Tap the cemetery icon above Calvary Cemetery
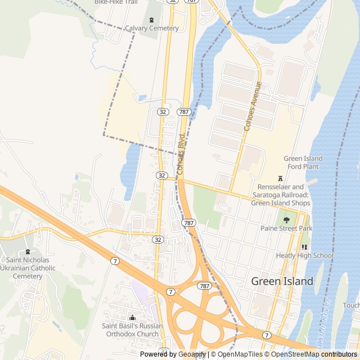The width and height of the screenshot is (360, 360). pos(151,20)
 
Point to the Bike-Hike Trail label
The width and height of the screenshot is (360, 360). pos(116,2)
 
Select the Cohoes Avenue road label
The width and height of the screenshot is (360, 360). pos(253,107)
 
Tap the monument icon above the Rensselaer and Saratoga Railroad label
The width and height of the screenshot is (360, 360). pos(280,178)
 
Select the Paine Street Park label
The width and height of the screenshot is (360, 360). pos(286,228)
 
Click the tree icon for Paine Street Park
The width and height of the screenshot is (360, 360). pos(286,220)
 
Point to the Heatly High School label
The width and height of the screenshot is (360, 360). pos(304,255)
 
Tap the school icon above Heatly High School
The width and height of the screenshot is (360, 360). pos(304,247)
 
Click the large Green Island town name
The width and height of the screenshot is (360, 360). pos(282,281)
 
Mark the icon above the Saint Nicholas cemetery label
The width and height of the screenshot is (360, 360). pos(28,251)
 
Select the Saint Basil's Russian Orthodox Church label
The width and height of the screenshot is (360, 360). pos(132,330)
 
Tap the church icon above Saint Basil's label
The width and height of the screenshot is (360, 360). pos(132,317)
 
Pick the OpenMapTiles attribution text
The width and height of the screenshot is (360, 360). pos(240,354)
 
